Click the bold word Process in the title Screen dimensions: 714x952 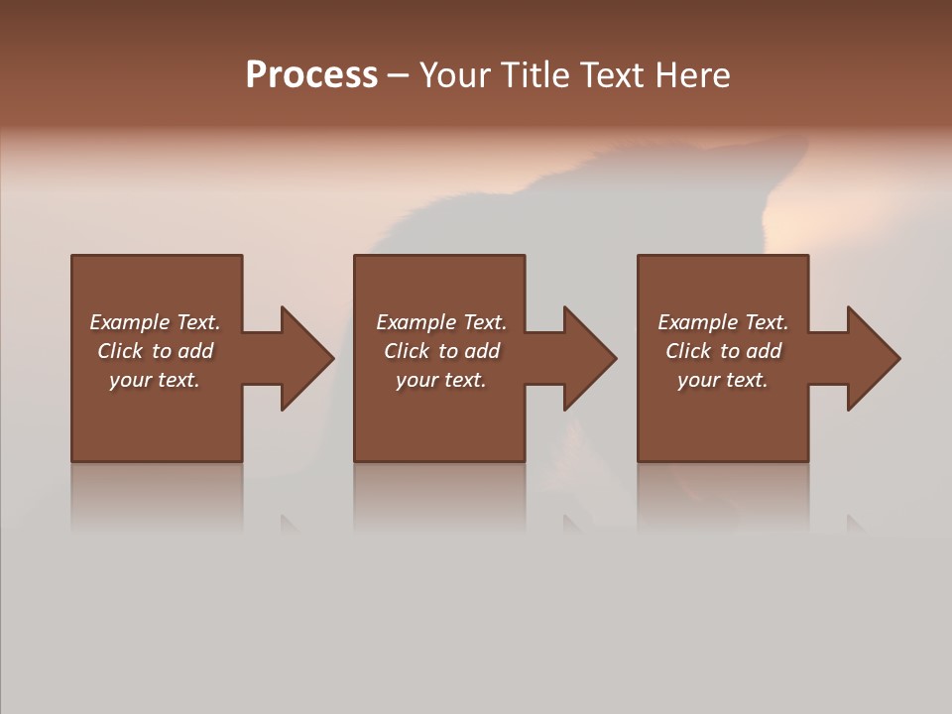click(311, 75)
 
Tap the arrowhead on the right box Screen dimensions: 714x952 click(872, 358)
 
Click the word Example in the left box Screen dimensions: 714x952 click(130, 322)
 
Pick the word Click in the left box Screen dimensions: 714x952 click(120, 351)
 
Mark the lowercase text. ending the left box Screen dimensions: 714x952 click(177, 380)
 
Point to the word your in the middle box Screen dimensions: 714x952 click(417, 380)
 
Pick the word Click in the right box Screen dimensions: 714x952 click(688, 351)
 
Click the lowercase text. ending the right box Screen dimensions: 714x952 click(745, 380)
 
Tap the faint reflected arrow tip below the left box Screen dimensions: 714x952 click(289, 524)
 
